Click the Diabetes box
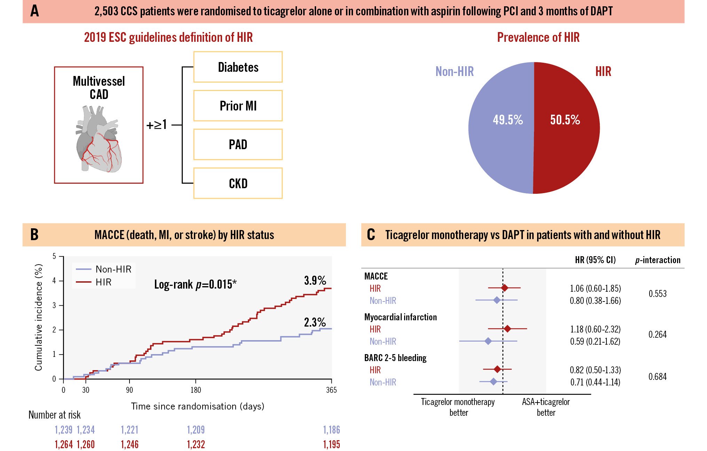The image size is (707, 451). pyautogui.click(x=238, y=67)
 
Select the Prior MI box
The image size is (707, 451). pyautogui.click(x=238, y=106)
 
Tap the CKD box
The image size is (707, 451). pyautogui.click(x=238, y=183)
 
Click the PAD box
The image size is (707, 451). pyautogui.click(x=238, y=144)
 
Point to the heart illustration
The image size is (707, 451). pyautogui.click(x=99, y=139)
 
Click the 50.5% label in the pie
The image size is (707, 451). pyautogui.click(x=565, y=120)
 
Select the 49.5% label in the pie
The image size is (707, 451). pyautogui.click(x=508, y=120)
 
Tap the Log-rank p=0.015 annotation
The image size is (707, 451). pyautogui.click(x=195, y=284)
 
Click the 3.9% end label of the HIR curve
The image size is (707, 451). pyautogui.click(x=315, y=281)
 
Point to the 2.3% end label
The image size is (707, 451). pyautogui.click(x=315, y=322)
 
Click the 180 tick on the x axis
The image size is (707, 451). pyautogui.click(x=196, y=390)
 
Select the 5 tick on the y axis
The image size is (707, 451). pyautogui.click(x=54, y=257)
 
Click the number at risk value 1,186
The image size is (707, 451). pyautogui.click(x=331, y=430)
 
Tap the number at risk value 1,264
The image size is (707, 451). pyautogui.click(x=64, y=444)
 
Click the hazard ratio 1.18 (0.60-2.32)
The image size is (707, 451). pyautogui.click(x=595, y=329)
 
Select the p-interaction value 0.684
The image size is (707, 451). pyautogui.click(x=657, y=376)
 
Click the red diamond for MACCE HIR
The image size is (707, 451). pyautogui.click(x=504, y=288)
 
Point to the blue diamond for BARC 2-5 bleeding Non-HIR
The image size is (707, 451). pyautogui.click(x=493, y=382)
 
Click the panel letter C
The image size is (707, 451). pyautogui.click(x=371, y=235)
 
